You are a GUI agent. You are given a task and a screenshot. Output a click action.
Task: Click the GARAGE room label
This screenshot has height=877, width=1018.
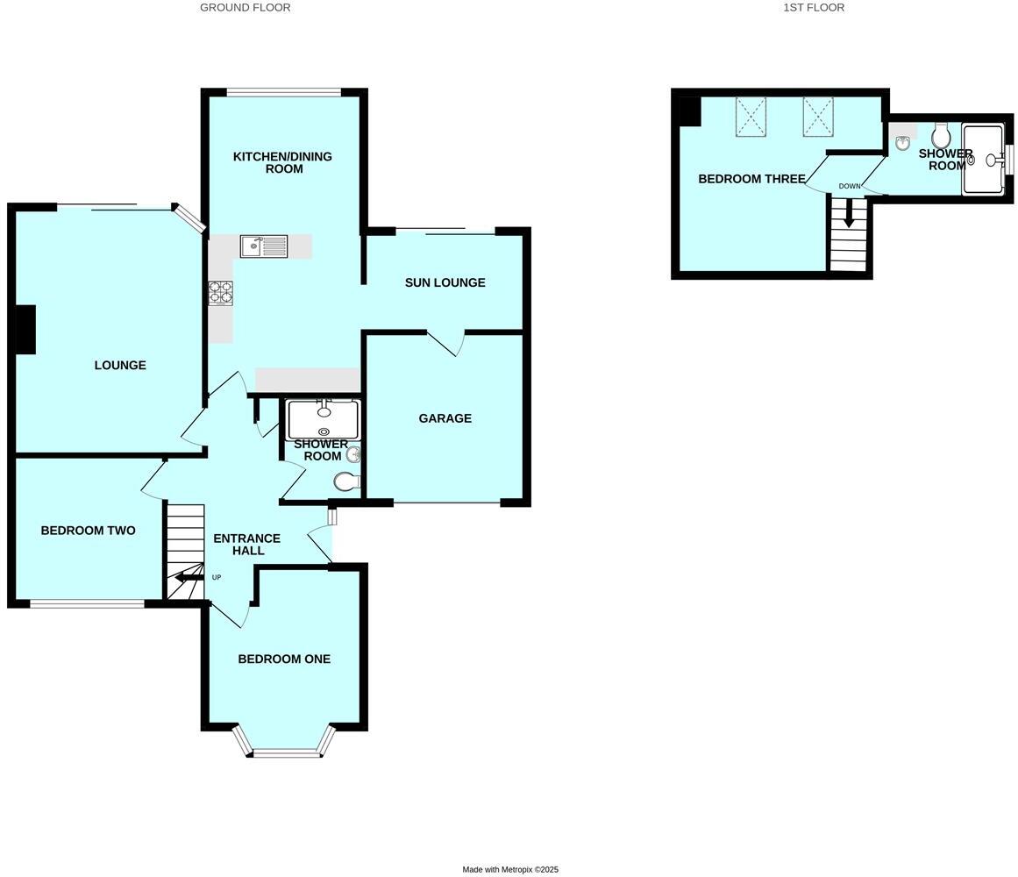[445, 418]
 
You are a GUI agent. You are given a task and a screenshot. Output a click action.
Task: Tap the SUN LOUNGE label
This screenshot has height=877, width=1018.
[445, 282]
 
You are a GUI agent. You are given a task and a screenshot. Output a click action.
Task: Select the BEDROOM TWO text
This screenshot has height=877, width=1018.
[88, 531]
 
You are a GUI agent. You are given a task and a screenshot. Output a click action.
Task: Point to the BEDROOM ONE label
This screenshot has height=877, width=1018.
[284, 659]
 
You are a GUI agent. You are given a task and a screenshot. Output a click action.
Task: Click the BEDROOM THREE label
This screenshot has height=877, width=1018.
[751, 179]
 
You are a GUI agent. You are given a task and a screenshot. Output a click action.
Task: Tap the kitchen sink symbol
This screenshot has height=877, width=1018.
[263, 246]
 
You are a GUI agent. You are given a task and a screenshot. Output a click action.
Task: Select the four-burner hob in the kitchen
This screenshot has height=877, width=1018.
[221, 292]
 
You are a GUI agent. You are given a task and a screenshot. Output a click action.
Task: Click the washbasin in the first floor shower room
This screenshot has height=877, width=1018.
[902, 143]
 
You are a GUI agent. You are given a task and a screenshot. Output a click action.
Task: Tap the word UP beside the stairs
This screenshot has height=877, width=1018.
[217, 577]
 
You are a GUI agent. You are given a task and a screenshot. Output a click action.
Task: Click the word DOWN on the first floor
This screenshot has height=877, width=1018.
[850, 186]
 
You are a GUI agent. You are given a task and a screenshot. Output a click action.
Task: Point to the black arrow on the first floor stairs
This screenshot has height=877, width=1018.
[848, 214]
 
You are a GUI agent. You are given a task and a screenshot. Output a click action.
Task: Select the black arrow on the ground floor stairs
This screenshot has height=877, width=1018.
[189, 577]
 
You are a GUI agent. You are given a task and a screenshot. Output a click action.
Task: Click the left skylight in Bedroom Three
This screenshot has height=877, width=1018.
[751, 118]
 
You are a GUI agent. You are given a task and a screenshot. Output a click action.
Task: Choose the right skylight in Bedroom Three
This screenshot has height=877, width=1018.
[817, 118]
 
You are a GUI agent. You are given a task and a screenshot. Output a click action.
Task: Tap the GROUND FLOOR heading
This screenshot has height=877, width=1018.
[246, 7]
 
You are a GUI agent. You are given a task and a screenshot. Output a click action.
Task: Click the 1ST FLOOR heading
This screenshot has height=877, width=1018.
[814, 7]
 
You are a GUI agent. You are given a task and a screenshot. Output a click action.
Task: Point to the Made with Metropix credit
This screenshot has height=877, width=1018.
[510, 869]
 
